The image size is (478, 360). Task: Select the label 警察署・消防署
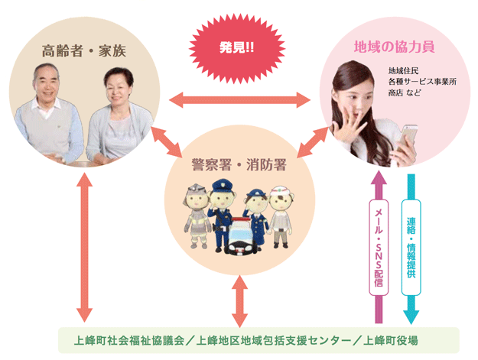[x=239, y=163]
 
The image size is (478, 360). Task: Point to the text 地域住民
[x=403, y=71]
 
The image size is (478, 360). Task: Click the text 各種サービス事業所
[x=422, y=82]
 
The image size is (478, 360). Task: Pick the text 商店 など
[x=406, y=92]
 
